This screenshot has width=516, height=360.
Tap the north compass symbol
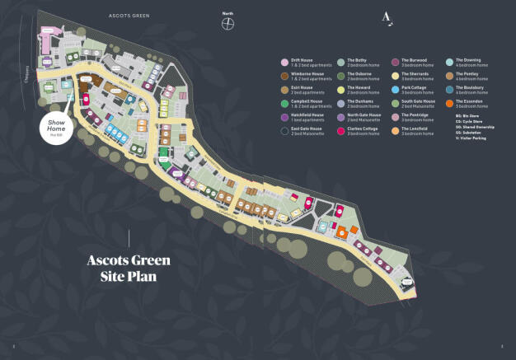[227, 22]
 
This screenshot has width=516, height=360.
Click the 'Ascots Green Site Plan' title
[129, 269]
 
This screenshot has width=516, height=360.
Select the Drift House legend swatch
[284, 62]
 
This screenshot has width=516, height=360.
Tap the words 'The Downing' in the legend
[468, 60]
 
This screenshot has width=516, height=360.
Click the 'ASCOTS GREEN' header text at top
[132, 16]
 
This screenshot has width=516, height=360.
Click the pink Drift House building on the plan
[47, 30]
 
